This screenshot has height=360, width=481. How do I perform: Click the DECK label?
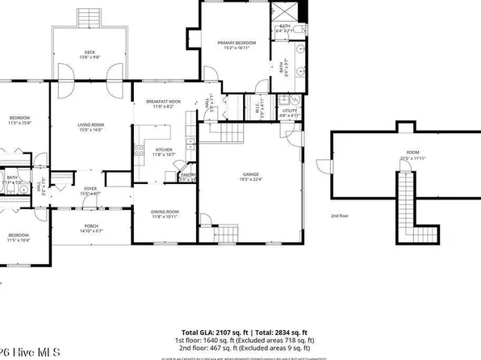[x=90, y=52]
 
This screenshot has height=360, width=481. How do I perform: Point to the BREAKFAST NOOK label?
[x=164, y=101]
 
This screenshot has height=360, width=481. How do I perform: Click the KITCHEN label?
[x=164, y=149]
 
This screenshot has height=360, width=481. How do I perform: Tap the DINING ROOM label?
[x=164, y=211]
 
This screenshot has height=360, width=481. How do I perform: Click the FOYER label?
[x=90, y=189]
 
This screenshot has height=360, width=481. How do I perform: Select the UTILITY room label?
[x=289, y=111]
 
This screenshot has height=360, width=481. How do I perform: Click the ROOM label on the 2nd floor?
[x=412, y=153]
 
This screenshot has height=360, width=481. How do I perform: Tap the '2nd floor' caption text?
[x=340, y=216]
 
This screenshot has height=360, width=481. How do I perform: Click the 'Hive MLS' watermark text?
[x=27, y=352]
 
